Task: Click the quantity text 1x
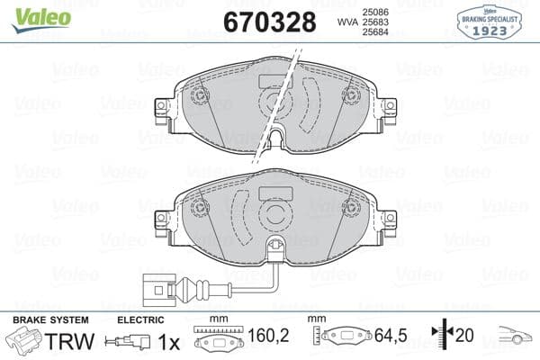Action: click(168, 342)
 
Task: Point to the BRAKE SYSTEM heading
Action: click(50, 320)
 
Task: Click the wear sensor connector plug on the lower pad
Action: click(164, 291)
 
